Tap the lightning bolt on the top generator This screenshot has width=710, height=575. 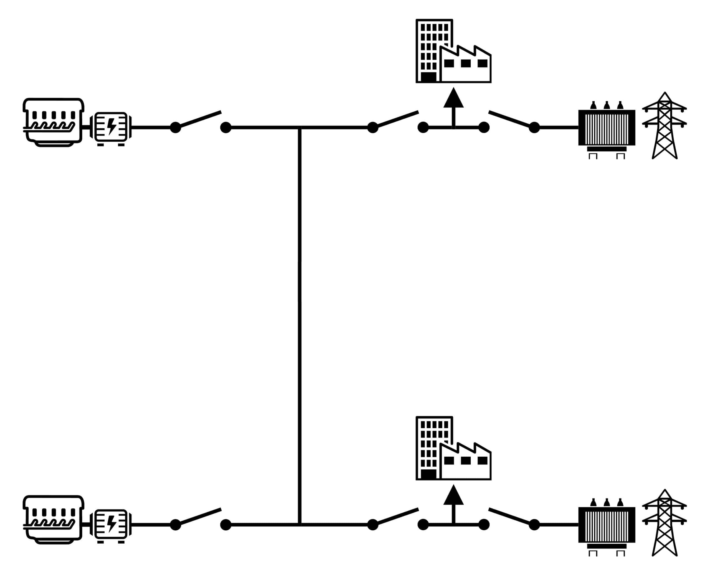[112, 126]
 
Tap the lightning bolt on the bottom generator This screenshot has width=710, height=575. [112, 524]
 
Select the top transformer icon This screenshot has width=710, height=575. [607, 128]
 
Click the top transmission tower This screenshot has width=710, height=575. [664, 126]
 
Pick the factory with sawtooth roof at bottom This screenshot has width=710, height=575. [465, 462]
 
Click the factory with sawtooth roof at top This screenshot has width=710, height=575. [465, 65]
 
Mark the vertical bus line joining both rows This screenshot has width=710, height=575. [300, 325]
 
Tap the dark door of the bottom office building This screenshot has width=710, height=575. [429, 474]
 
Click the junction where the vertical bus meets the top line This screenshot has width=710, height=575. [300, 128]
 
